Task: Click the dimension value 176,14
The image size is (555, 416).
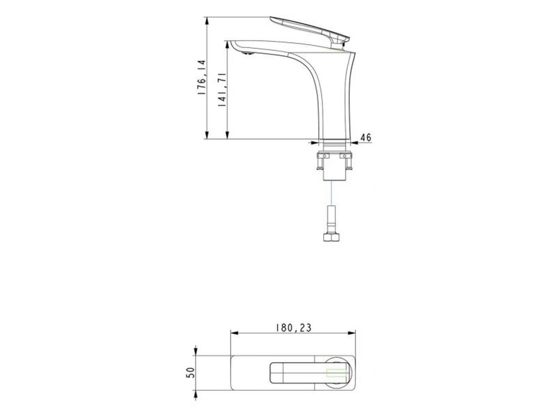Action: [202, 77]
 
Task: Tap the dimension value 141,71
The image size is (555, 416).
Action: [222, 90]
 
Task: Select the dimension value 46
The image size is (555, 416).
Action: [366, 138]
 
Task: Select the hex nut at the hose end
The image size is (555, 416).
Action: [331, 237]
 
